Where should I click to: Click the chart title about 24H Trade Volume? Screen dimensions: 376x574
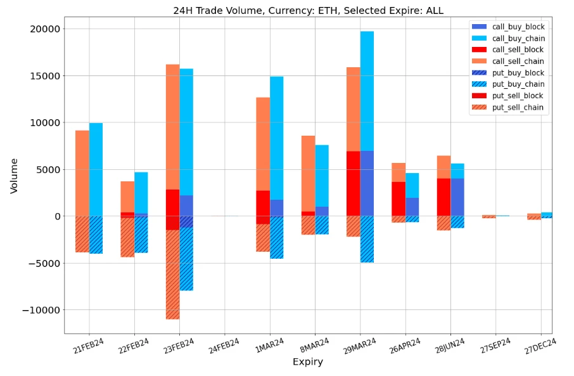308,10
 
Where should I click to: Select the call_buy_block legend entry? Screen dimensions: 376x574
518,27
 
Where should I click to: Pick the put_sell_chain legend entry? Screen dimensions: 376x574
518,107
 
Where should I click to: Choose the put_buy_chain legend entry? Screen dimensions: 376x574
518,84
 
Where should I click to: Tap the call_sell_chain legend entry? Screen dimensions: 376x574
518,62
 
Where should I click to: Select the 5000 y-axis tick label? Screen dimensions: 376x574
46,169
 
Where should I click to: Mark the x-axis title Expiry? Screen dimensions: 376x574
308,362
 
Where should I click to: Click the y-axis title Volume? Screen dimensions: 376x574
14,176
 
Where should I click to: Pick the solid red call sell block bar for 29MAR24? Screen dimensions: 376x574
353,183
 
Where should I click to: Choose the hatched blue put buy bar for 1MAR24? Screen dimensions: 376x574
277,237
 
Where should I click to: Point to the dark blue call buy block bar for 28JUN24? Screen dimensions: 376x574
457,197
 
